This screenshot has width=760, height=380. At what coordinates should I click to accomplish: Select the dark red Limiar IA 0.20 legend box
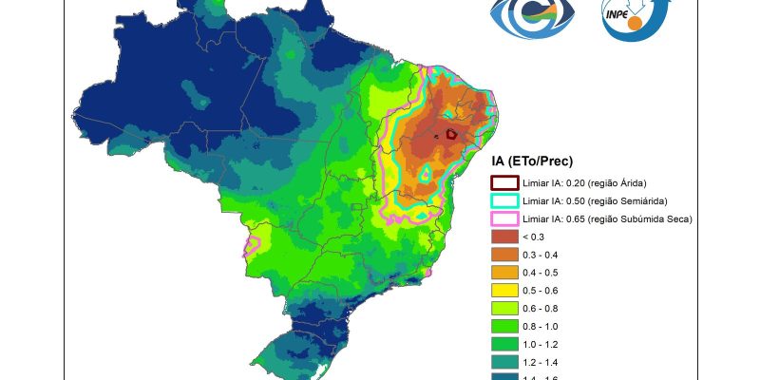(503, 182)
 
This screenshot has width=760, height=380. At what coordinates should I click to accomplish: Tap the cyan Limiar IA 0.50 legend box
(503, 200)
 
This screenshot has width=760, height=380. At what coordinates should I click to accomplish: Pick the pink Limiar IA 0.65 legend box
(503, 218)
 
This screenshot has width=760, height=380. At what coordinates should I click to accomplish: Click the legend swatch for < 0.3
(503, 237)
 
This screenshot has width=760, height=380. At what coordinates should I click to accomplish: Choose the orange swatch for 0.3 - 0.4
(503, 255)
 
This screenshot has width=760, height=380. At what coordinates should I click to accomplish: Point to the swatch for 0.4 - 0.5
(503, 273)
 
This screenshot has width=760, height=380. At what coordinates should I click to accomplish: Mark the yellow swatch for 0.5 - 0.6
(503, 291)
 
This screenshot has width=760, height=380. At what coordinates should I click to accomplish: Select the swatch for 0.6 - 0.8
(503, 309)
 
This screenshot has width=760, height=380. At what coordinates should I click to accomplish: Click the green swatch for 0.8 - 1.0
(503, 327)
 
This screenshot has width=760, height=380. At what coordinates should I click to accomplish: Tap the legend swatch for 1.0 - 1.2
(503, 345)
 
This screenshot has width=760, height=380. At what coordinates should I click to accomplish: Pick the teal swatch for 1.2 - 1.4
(503, 363)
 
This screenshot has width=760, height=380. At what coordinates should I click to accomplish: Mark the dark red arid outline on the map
(452, 135)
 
